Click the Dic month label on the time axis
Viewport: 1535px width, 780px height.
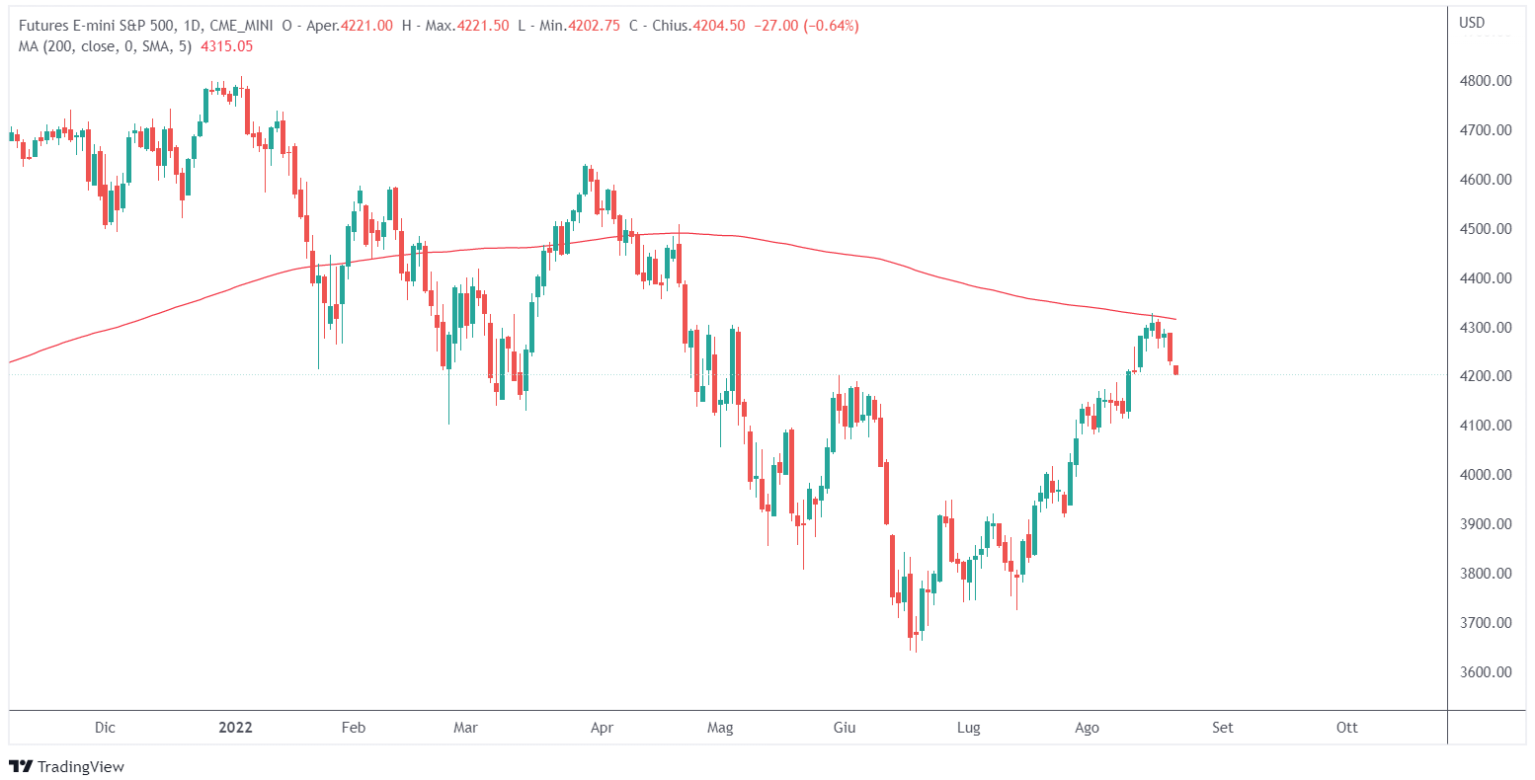click(x=105, y=728)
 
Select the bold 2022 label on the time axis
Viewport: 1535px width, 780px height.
click(x=235, y=728)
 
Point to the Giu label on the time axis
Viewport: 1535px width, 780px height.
click(x=844, y=728)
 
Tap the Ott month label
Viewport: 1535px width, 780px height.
click(x=1346, y=728)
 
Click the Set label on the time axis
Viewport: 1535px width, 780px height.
click(x=1223, y=728)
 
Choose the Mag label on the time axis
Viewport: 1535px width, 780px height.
click(x=721, y=728)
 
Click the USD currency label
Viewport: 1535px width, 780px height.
click(x=1472, y=23)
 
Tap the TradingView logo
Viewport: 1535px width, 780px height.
click(x=66, y=766)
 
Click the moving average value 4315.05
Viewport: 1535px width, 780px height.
click(x=226, y=45)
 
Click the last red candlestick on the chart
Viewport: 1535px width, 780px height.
click(x=1175, y=370)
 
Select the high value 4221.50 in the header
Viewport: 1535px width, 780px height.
click(x=483, y=26)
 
